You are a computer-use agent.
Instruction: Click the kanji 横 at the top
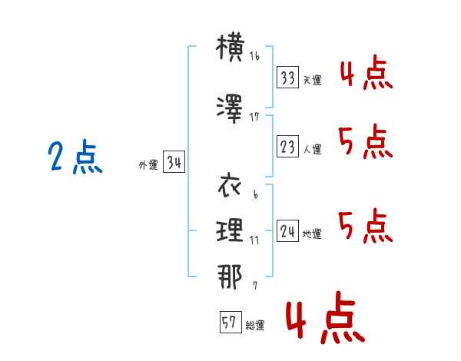pyautogui.click(x=230, y=48)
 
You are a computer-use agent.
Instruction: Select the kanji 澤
pyautogui.click(x=230, y=109)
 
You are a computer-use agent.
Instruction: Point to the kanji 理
pyautogui.click(x=230, y=230)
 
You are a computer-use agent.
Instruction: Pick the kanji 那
pyautogui.click(x=230, y=277)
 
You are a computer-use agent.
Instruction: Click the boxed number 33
pyautogui.click(x=287, y=77)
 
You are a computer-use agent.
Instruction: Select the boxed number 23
pyautogui.click(x=287, y=146)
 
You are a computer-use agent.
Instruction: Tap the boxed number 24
pyautogui.click(x=287, y=230)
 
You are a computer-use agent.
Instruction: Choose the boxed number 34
pyautogui.click(x=174, y=162)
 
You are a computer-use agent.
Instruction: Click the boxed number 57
pyautogui.click(x=230, y=322)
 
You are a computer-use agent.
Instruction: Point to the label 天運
pyautogui.click(x=313, y=80)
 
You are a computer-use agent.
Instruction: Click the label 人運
pyautogui.click(x=313, y=149)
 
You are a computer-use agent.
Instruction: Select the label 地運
pyautogui.click(x=312, y=234)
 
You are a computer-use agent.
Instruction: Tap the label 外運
pyautogui.click(x=148, y=165)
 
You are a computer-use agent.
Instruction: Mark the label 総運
pyautogui.click(x=255, y=325)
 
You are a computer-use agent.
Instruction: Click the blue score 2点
pyautogui.click(x=75, y=157)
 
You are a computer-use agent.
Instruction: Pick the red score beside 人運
pyautogui.click(x=365, y=141)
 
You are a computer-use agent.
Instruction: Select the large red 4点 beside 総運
pyautogui.click(x=326, y=317)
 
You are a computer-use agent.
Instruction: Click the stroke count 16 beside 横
pyautogui.click(x=254, y=56)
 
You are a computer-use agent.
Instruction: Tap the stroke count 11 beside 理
pyautogui.click(x=254, y=240)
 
